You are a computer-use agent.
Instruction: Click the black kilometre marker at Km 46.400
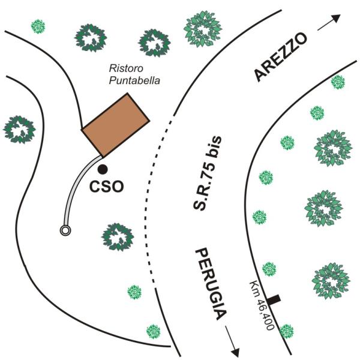coord(275,299)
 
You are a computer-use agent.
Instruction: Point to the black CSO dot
coord(103,170)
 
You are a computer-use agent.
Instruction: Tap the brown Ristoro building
coord(116,125)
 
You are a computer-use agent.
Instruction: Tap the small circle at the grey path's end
coord(65,230)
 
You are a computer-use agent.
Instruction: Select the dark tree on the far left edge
coord(19,128)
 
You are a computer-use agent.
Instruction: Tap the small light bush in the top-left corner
coord(38,26)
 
